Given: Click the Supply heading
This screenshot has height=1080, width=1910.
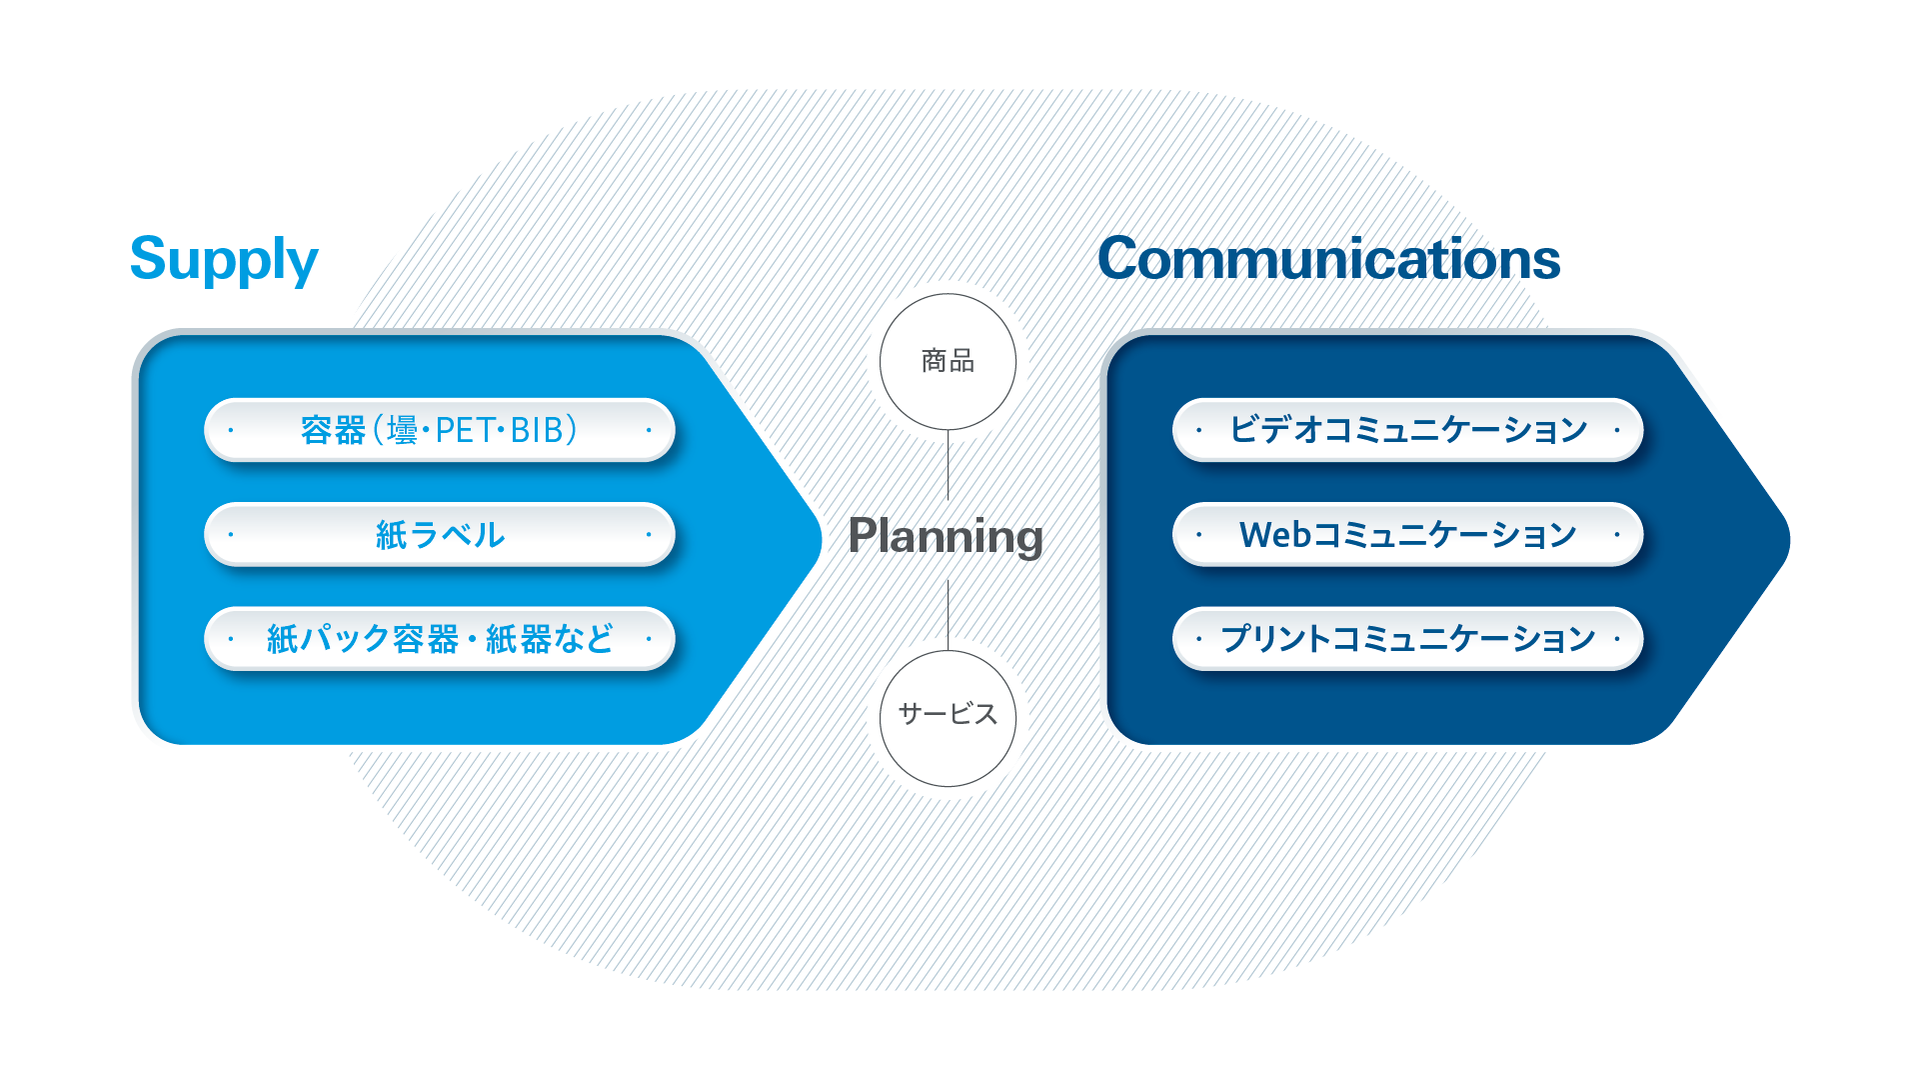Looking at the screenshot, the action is coord(224,260).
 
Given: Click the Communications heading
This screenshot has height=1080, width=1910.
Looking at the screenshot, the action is coord(1328,259).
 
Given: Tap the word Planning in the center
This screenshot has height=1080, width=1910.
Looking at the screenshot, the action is coord(946,537).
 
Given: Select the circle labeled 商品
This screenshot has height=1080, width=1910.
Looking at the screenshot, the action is coord(948,362).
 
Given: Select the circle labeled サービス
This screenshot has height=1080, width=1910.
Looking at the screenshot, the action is coord(948,718).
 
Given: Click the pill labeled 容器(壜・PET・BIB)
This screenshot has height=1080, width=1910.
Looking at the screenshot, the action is coord(440,430).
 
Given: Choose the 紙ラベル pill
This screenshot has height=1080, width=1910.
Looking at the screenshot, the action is coord(440,534).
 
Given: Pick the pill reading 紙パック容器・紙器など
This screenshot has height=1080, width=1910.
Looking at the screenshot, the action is coord(440,638).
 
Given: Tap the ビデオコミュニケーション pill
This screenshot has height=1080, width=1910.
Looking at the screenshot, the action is coord(1407,430).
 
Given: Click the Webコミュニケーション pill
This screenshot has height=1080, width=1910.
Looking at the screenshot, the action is coord(1407,534).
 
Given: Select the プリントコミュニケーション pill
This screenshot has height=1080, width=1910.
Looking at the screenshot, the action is coord(1407,638).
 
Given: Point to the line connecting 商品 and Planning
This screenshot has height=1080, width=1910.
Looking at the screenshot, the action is coord(948,465).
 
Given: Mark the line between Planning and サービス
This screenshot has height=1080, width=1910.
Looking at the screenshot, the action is coord(948,615).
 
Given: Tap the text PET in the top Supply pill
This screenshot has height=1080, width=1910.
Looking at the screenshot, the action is coord(465,431).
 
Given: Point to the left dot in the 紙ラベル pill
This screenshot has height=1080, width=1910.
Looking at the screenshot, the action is coord(231,534).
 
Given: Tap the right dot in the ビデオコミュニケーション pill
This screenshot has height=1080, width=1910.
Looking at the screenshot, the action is coord(1617,430).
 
